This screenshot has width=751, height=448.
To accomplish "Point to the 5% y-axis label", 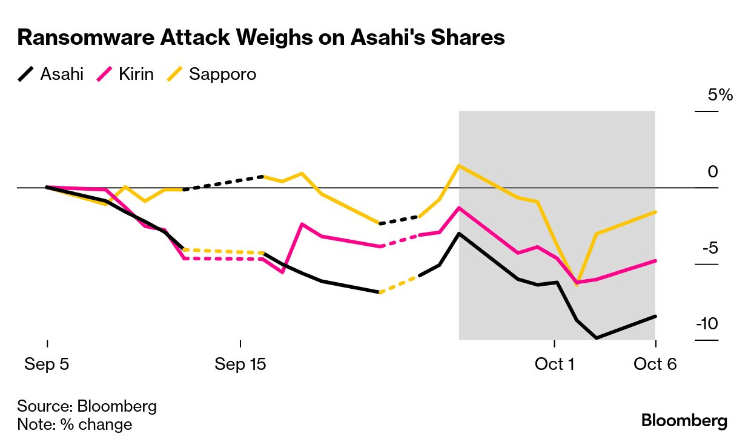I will [x=720, y=95].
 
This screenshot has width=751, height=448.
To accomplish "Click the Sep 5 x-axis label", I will [x=47, y=364].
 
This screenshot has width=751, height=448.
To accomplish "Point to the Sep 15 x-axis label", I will [x=240, y=364].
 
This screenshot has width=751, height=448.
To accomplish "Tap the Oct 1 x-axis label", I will [x=554, y=364].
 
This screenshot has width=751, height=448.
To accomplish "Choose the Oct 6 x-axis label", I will [x=655, y=364].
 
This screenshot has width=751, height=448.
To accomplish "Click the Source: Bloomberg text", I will [x=87, y=406].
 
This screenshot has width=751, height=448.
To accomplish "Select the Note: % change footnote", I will [x=74, y=424].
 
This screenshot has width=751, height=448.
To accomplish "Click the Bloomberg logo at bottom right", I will [x=684, y=421].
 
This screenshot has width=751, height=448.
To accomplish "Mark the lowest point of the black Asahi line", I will [x=597, y=338].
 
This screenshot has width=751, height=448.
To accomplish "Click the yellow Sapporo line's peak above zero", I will [x=459, y=165].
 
